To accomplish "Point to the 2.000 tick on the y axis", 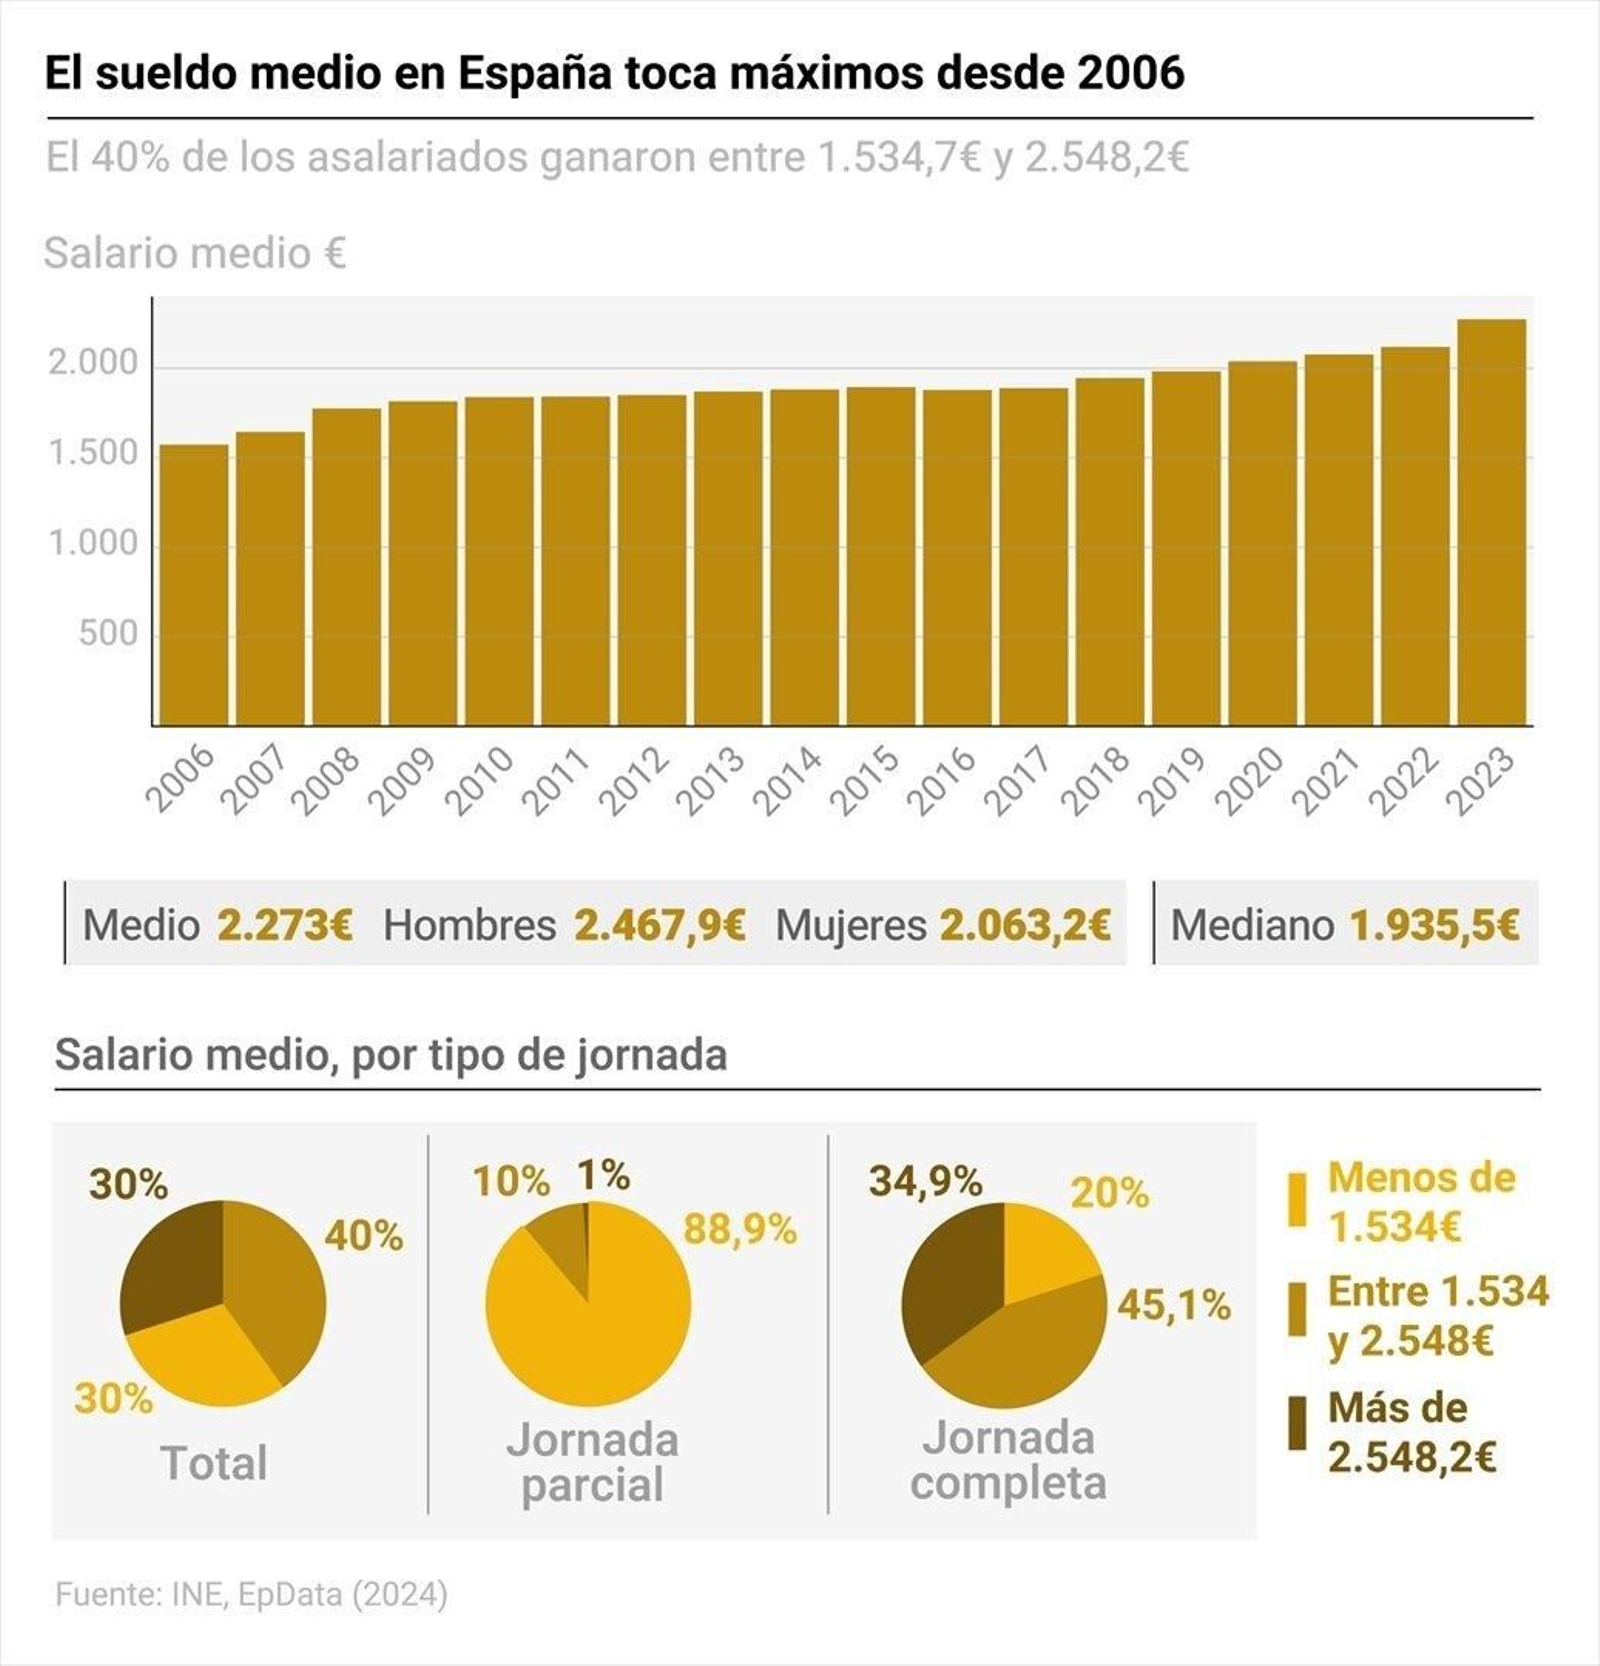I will pyautogui.click(x=93, y=363).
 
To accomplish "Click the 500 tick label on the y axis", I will pyautogui.click(x=108, y=633).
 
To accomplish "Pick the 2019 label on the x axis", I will pyautogui.click(x=1172, y=781).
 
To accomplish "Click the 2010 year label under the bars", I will pyautogui.click(x=478, y=781).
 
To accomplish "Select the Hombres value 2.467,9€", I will pyautogui.click(x=660, y=925).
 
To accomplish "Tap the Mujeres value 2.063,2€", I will pyautogui.click(x=1025, y=925).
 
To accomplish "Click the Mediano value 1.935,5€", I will pyautogui.click(x=1434, y=925).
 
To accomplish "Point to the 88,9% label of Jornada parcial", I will pyautogui.click(x=740, y=1229).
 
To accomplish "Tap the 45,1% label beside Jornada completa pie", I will pyautogui.click(x=1174, y=1304).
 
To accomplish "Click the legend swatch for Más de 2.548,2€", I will pyautogui.click(x=1296, y=1423).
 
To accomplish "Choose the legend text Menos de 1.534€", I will pyautogui.click(x=1420, y=1201).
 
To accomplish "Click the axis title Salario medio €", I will pyautogui.click(x=195, y=253).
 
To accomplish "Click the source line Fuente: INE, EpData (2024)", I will pyautogui.click(x=251, y=1594).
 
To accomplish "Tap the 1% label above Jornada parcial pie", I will pyautogui.click(x=604, y=1175).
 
